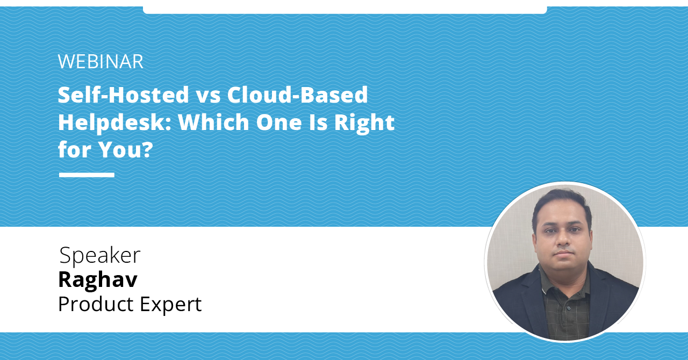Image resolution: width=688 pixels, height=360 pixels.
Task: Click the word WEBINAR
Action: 101,62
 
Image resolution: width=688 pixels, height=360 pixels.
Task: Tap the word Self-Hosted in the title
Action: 123,95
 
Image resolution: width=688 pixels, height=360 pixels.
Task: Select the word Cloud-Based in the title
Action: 297,95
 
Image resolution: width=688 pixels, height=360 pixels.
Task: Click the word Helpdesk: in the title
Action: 113,123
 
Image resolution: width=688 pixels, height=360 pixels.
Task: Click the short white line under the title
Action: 87,175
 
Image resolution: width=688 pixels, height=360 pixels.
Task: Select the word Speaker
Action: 99,256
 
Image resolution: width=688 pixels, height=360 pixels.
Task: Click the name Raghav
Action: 97,280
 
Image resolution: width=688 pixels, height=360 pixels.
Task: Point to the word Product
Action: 95,304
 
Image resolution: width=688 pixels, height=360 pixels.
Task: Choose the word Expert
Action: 171,305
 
